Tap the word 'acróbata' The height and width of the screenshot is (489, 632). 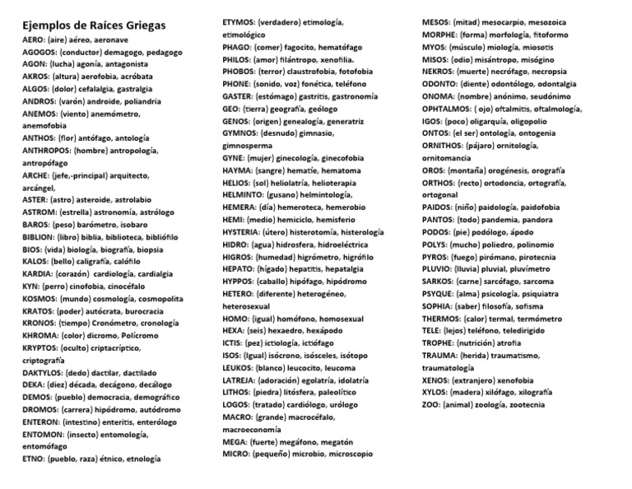(x=150, y=73)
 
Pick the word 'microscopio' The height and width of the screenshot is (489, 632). (x=346, y=454)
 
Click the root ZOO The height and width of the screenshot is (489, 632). (x=430, y=405)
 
